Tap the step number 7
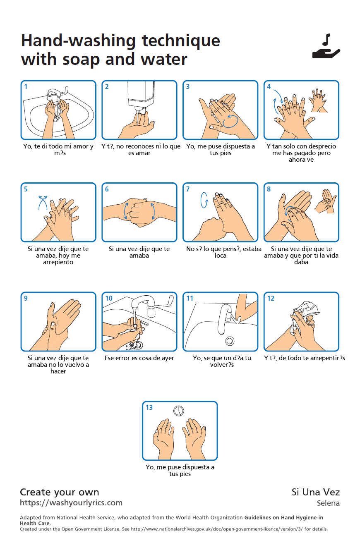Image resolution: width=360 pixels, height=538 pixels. (188, 189)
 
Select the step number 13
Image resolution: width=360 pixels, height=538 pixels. (149, 407)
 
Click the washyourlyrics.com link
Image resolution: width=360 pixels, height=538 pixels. (71, 502)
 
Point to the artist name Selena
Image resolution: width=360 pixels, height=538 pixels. (328, 503)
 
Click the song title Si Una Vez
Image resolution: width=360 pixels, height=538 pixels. (316, 492)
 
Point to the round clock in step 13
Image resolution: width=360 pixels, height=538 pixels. (179, 411)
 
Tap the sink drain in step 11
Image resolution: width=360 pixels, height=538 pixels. (230, 341)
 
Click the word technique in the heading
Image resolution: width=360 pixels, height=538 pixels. (181, 41)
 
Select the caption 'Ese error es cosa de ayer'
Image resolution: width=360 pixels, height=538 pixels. (139, 358)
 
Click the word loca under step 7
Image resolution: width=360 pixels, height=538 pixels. (221, 256)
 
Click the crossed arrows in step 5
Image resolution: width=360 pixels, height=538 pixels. (43, 203)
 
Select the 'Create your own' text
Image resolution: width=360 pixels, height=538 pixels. (59, 492)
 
